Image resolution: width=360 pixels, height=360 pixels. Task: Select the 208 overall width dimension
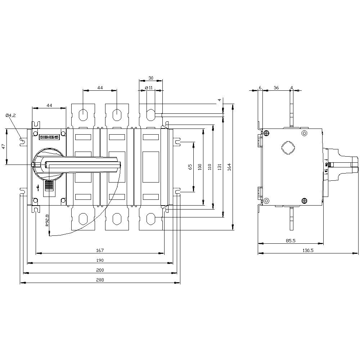(100, 280)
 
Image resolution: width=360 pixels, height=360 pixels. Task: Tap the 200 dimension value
(100, 270)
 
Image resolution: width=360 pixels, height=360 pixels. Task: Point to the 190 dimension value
(100, 260)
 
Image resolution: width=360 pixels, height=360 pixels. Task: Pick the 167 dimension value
(100, 250)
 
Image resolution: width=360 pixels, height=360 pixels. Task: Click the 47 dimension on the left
(3, 146)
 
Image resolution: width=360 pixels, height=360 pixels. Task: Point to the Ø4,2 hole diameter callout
(11, 115)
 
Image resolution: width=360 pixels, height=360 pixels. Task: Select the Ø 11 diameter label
(149, 87)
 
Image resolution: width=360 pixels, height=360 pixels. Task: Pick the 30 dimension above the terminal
(150, 78)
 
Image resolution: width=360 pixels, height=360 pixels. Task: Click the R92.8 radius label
(48, 219)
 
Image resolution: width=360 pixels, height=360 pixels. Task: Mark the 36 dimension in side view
(276, 87)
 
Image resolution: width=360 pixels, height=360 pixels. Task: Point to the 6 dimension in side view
(260, 87)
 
